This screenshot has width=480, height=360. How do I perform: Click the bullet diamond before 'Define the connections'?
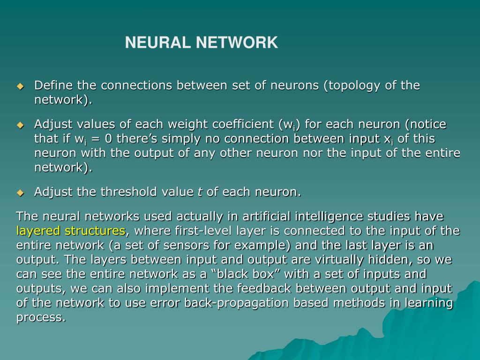coord(20,86)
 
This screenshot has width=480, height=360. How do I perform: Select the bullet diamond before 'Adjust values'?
coord(20,125)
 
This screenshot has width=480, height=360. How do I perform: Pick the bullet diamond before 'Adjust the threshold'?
coord(20,193)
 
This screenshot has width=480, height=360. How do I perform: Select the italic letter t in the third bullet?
coord(200,192)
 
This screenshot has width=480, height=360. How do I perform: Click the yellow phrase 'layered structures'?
coord(70,231)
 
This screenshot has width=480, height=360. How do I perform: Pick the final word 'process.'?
coord(41,318)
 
